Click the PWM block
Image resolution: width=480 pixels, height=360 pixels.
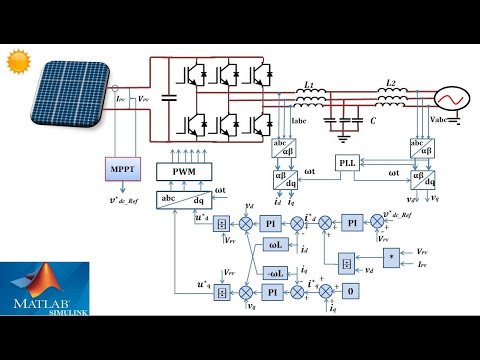pos(185,171)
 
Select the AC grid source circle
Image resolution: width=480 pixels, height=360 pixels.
pos(448,101)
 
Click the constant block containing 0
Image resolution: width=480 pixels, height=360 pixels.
pos(349,292)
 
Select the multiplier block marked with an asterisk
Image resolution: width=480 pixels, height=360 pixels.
pos(390,257)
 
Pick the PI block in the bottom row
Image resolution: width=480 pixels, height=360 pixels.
pos(272,292)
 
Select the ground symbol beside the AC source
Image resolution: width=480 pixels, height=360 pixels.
pos(457,122)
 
